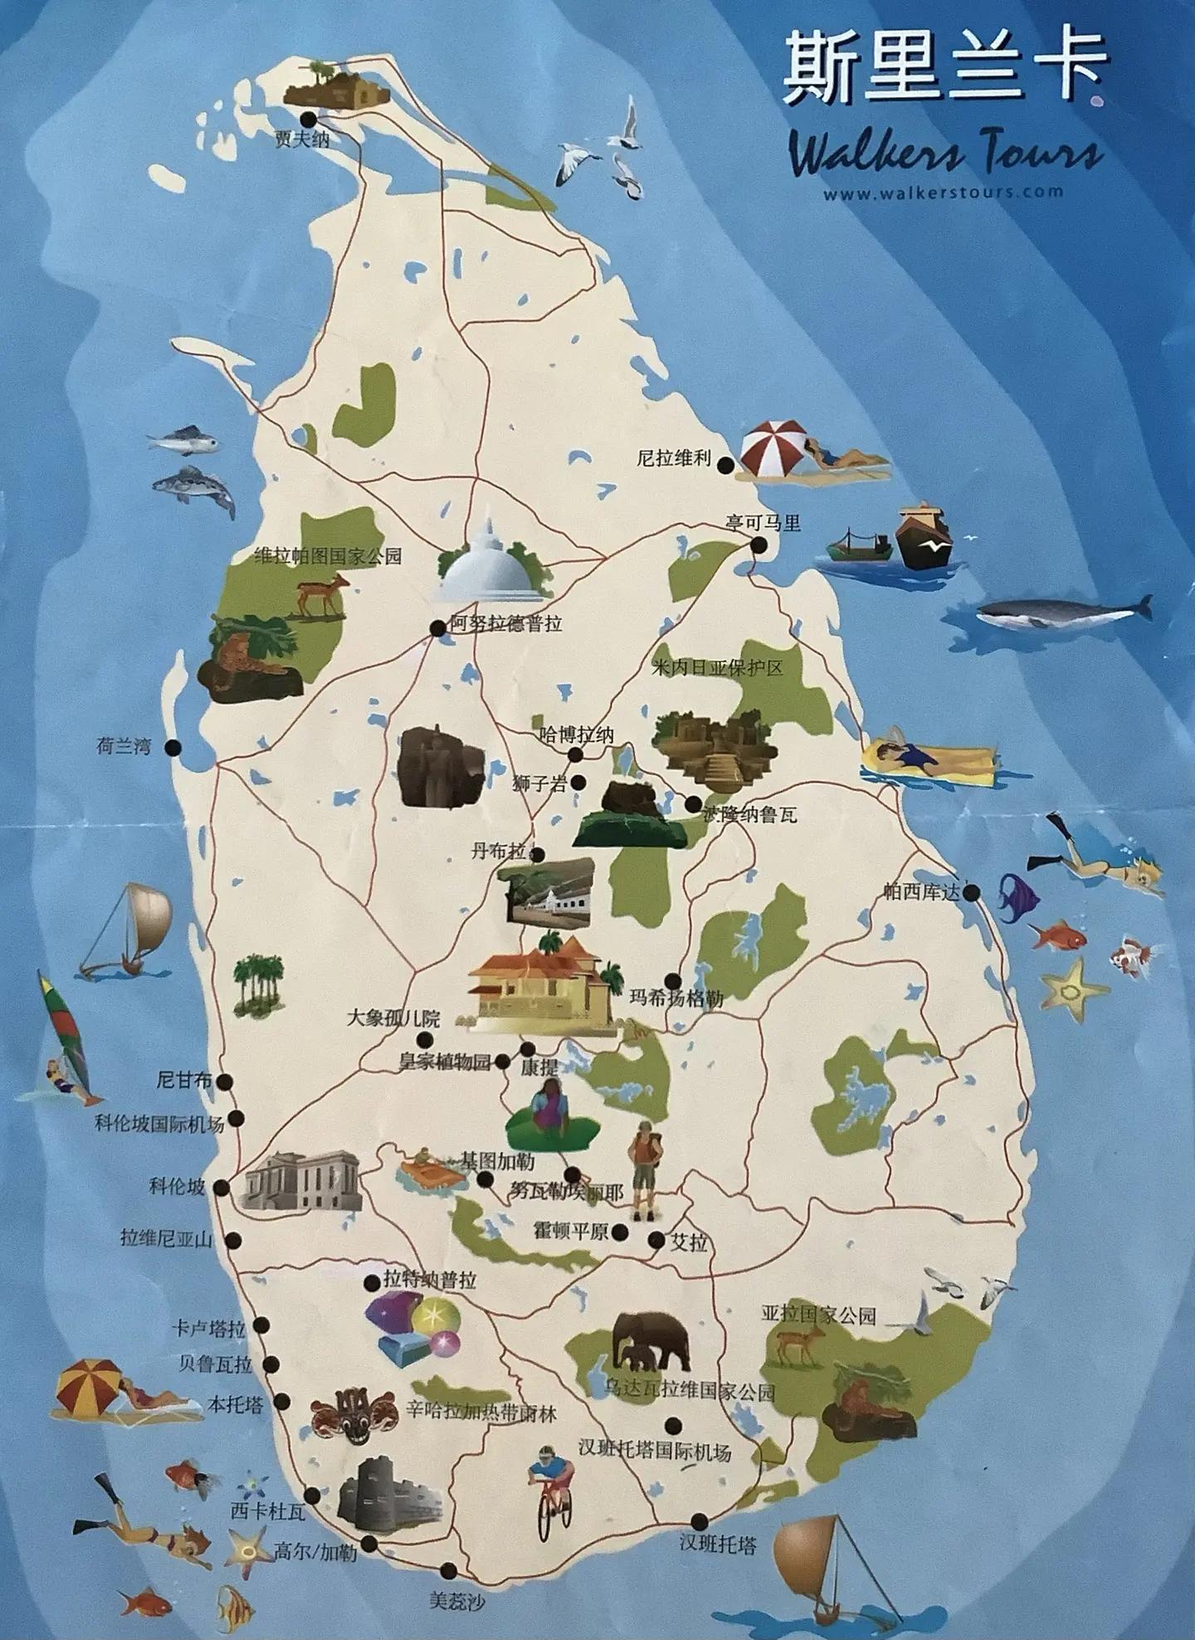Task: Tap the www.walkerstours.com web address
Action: (x=943, y=193)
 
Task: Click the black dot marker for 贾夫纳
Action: (x=309, y=119)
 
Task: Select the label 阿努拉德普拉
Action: (x=506, y=623)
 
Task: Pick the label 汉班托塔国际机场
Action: (x=655, y=1451)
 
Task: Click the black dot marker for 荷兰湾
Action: (x=173, y=747)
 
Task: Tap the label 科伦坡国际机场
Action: (x=159, y=1124)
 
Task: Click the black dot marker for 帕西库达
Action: (x=971, y=893)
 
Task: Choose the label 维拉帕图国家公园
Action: (x=328, y=556)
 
